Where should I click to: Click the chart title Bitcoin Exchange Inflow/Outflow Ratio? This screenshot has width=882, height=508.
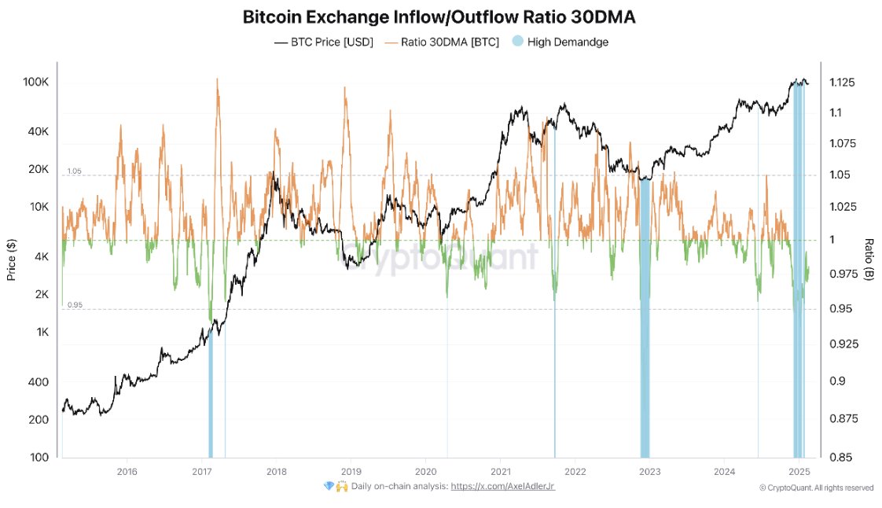click(440, 17)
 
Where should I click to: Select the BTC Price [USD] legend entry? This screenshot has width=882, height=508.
click(323, 42)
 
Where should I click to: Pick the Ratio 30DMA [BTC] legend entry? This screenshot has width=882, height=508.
click(443, 42)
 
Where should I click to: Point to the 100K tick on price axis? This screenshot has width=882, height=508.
click(36, 83)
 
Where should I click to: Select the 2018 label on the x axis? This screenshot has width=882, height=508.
click(276, 472)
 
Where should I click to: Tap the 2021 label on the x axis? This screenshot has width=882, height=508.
click(500, 472)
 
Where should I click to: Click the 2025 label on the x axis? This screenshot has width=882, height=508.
click(799, 472)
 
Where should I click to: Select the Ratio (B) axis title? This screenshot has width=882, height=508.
click(869, 260)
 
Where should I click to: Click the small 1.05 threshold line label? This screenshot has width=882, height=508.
click(74, 171)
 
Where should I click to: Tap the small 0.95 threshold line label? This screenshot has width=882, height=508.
click(74, 305)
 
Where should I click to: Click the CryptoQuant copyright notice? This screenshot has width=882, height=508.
click(816, 488)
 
